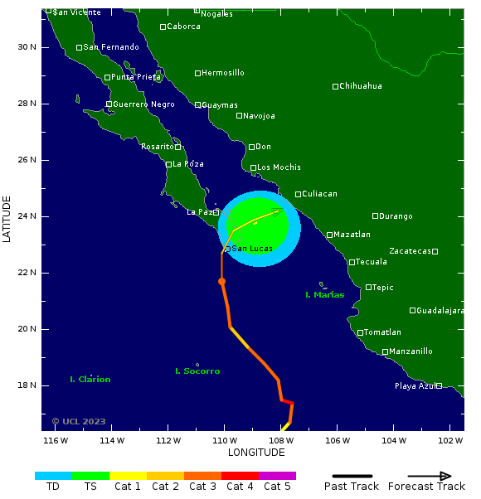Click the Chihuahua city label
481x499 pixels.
click(362, 86)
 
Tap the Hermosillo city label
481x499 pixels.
click(222, 73)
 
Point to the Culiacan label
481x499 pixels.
click(319, 194)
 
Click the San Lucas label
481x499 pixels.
click(253, 249)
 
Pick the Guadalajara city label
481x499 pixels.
click(440, 311)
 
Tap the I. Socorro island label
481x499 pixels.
click(197, 371)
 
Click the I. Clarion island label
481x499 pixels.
click(90, 380)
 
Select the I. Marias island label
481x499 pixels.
click(324, 295)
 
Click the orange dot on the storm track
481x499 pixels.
click(221, 282)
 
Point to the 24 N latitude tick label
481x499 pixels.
click(27, 216)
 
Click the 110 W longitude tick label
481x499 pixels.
click(224, 440)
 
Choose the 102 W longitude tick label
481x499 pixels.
click(449, 440)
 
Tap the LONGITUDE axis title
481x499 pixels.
click(256, 453)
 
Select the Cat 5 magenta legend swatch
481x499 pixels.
click(277, 476)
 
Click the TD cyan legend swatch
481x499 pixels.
click(53, 476)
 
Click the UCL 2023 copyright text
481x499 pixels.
click(79, 421)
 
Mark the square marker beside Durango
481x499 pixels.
click(375, 216)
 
